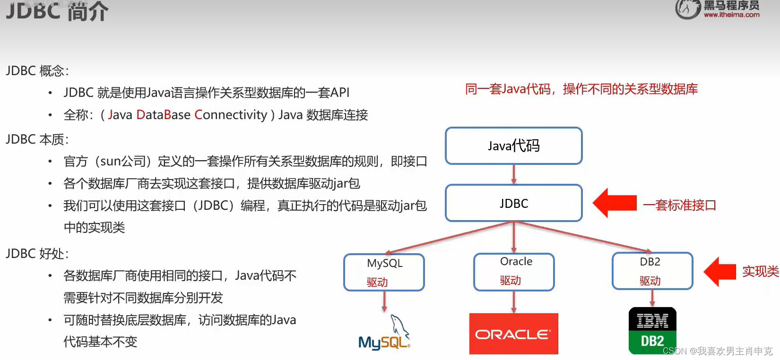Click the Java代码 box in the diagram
pos(513,146)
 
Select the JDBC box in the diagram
pos(513,203)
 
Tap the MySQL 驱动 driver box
pos(384,272)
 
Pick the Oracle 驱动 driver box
pos(514,272)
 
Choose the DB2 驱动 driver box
pos(652,271)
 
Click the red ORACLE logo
pos(513,334)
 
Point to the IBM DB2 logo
pos(652,331)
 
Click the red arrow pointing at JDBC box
pos(614,203)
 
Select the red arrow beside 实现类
pos(719,272)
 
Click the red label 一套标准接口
pos(680,205)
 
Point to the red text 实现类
pos(760,271)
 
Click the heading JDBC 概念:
pos(37,71)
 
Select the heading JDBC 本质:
pos(37,139)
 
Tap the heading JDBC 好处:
pos(37,254)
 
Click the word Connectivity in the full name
pos(231,115)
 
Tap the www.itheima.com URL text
pos(731,15)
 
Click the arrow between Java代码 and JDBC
pos(514,174)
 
